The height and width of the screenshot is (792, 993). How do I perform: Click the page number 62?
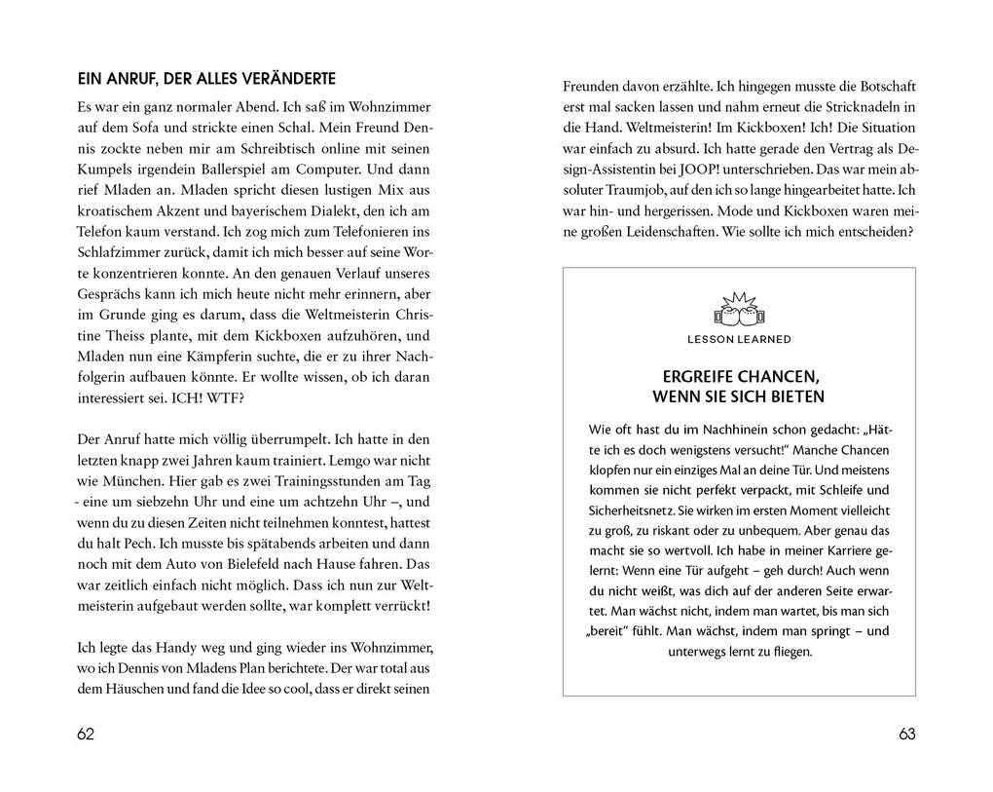click(x=86, y=735)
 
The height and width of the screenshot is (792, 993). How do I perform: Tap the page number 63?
click(x=906, y=735)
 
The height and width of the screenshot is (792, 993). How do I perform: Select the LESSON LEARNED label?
click(x=739, y=340)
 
